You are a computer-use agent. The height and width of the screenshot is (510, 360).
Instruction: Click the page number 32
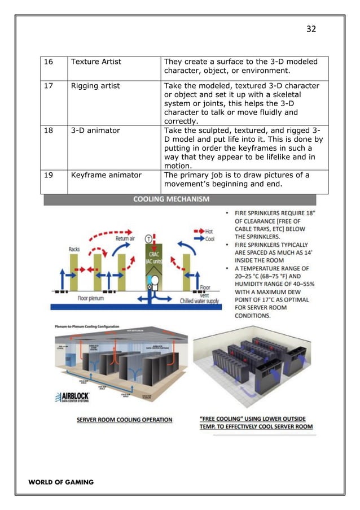point(311,29)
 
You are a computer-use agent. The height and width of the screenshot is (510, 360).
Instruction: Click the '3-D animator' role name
point(95,130)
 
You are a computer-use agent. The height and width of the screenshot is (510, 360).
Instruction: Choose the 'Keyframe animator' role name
point(106,175)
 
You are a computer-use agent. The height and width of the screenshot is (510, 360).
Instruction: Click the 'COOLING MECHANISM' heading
point(171,199)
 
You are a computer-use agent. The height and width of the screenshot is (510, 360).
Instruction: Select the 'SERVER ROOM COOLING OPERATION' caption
point(125,420)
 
